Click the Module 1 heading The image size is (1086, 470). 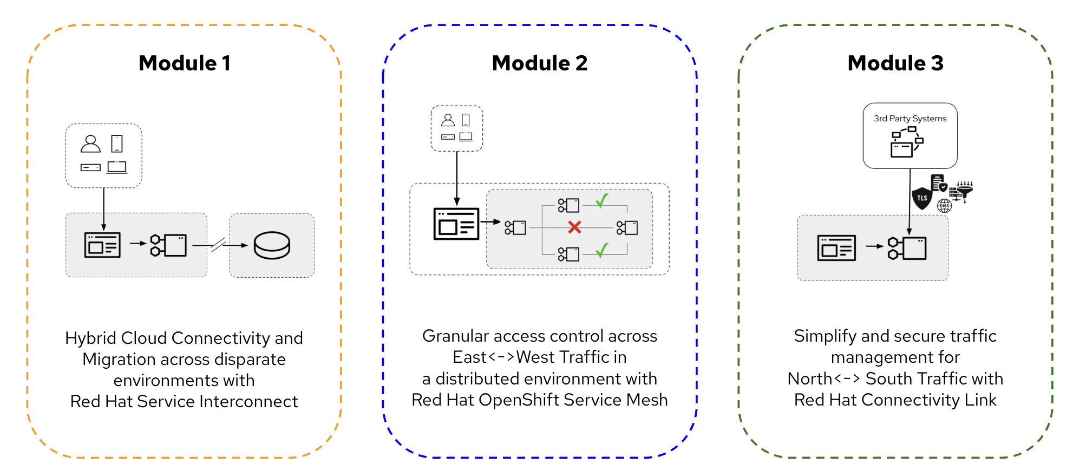click(x=185, y=63)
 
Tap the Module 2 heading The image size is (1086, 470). click(x=540, y=63)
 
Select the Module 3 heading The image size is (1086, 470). click(x=895, y=63)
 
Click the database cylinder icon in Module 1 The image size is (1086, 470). click(x=272, y=245)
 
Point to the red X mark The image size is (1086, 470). click(x=574, y=227)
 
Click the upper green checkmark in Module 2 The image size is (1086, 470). click(x=602, y=200)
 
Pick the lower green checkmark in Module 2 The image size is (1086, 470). click(x=602, y=250)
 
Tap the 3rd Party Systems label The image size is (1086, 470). click(x=910, y=119)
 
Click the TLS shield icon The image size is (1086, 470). click(x=922, y=198)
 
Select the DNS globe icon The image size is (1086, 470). click(x=945, y=206)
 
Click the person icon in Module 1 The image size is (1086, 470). click(x=90, y=143)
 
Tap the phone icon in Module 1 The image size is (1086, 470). click(x=117, y=143)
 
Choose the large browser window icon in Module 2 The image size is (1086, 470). click(x=456, y=224)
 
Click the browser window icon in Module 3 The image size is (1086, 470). click(x=836, y=248)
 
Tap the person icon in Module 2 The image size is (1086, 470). click(x=448, y=120)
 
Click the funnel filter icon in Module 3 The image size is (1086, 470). click(x=965, y=190)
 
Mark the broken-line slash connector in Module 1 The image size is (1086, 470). click(x=218, y=245)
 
